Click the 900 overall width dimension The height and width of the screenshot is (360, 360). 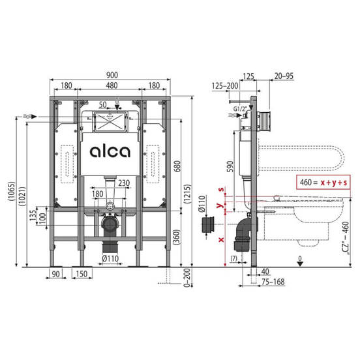coord(112,75)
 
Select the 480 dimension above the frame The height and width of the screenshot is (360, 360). coord(112,85)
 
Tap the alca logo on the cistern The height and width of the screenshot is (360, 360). coord(110,151)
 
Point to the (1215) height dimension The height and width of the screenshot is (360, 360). coord(187,194)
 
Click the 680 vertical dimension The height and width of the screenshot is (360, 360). coord(177,166)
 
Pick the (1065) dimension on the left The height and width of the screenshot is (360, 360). coord(12,192)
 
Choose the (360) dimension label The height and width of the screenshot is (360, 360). coord(177,237)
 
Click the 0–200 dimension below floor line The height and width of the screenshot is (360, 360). coord(188,278)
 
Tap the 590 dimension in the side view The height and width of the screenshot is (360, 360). coord(230,166)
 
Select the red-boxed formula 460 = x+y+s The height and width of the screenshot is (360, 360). coord(323,183)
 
